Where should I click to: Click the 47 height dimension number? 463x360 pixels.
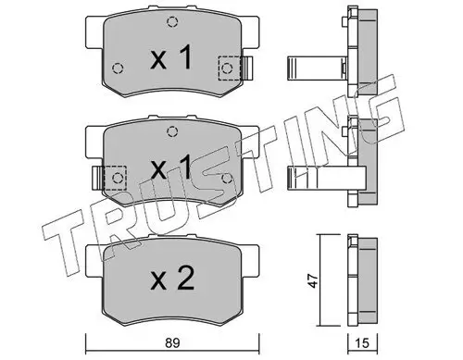point(314,280)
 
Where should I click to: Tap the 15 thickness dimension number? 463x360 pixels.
point(363,343)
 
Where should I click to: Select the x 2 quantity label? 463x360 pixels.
point(172,278)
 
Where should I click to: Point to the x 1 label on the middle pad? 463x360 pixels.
point(171,167)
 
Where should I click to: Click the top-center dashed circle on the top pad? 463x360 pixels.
point(172,22)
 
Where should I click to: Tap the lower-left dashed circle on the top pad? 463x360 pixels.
point(118,68)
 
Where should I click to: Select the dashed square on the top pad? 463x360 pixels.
point(229,68)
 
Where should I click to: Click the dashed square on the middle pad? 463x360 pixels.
point(116,178)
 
